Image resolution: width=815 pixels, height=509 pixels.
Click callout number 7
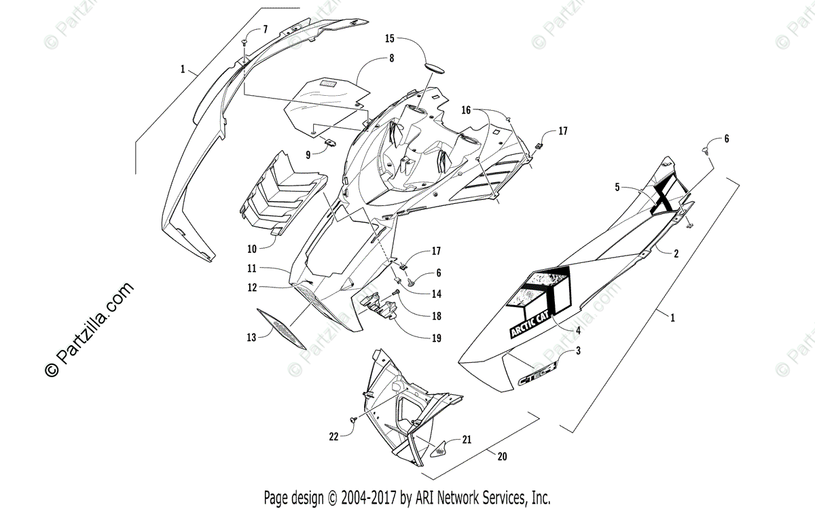266,29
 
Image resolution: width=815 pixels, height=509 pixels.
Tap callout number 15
389,38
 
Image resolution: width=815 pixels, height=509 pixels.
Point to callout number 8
391,59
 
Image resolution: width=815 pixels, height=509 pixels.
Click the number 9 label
308,155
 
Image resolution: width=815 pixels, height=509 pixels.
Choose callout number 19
437,338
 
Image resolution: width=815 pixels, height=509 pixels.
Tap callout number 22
333,438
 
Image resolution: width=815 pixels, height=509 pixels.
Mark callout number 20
502,457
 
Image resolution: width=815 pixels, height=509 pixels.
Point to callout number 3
578,351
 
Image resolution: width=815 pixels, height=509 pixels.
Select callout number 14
436,294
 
